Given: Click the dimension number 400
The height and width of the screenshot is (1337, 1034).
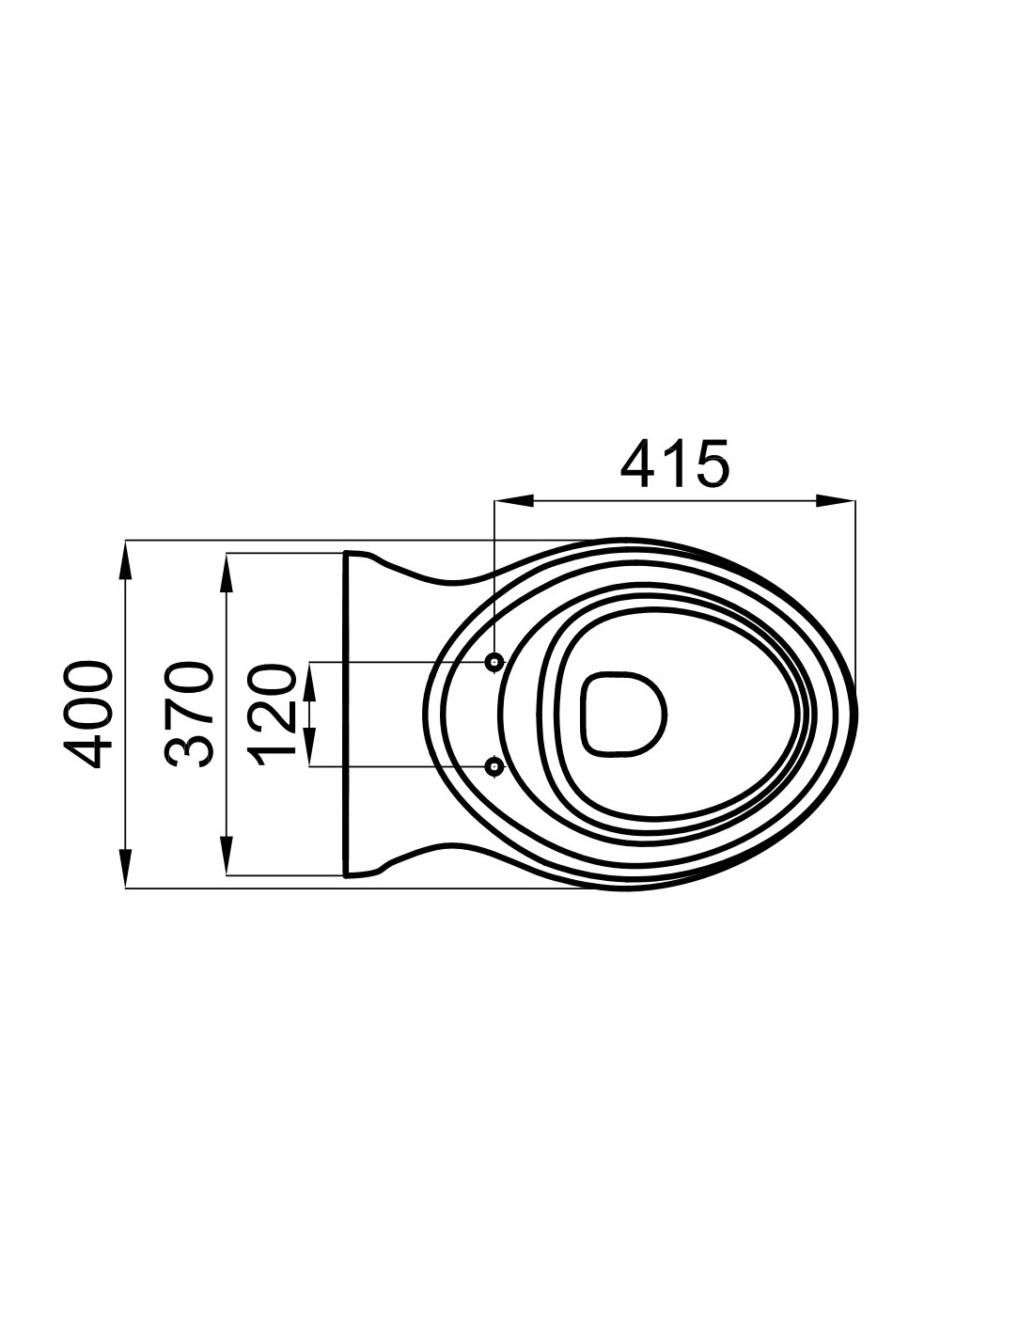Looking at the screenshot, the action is point(88,715).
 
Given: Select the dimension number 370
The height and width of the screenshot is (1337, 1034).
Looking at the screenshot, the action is point(188,715).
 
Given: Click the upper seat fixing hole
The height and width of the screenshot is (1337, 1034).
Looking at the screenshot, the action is point(494,662).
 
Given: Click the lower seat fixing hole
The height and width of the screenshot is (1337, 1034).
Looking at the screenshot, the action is point(494,766).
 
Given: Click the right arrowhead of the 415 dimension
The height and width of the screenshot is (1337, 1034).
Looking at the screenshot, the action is point(836,500).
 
